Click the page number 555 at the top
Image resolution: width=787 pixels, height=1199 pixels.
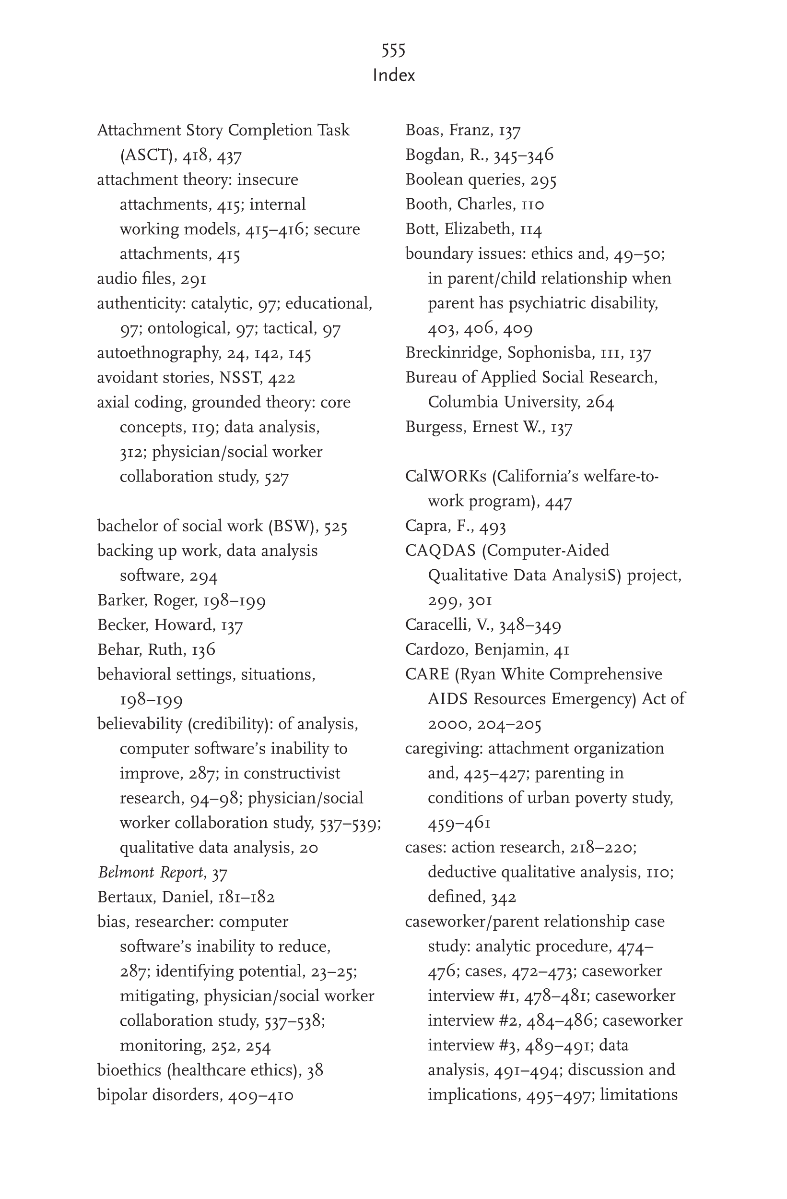click(393, 50)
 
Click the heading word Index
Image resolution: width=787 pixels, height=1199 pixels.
click(394, 75)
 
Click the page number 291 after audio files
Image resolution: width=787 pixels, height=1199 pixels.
click(193, 278)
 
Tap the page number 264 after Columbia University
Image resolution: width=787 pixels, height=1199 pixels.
click(599, 402)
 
